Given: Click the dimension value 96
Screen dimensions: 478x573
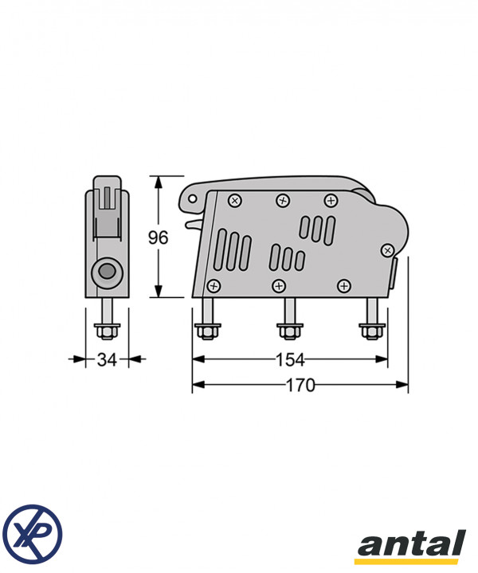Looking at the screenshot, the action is coord(158,237).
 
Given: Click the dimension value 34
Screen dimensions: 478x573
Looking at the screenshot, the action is coord(107,359).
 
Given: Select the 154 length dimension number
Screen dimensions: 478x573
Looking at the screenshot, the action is coord(290,359).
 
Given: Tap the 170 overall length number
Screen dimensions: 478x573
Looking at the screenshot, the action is coord(300,385).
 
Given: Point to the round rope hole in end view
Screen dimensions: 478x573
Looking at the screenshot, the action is coord(107,273).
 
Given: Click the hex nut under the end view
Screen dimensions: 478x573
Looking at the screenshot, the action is coord(107,332).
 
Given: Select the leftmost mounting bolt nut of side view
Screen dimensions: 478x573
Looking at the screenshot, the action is coord(208,332).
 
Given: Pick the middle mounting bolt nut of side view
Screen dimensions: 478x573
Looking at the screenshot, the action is coord(290,332).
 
